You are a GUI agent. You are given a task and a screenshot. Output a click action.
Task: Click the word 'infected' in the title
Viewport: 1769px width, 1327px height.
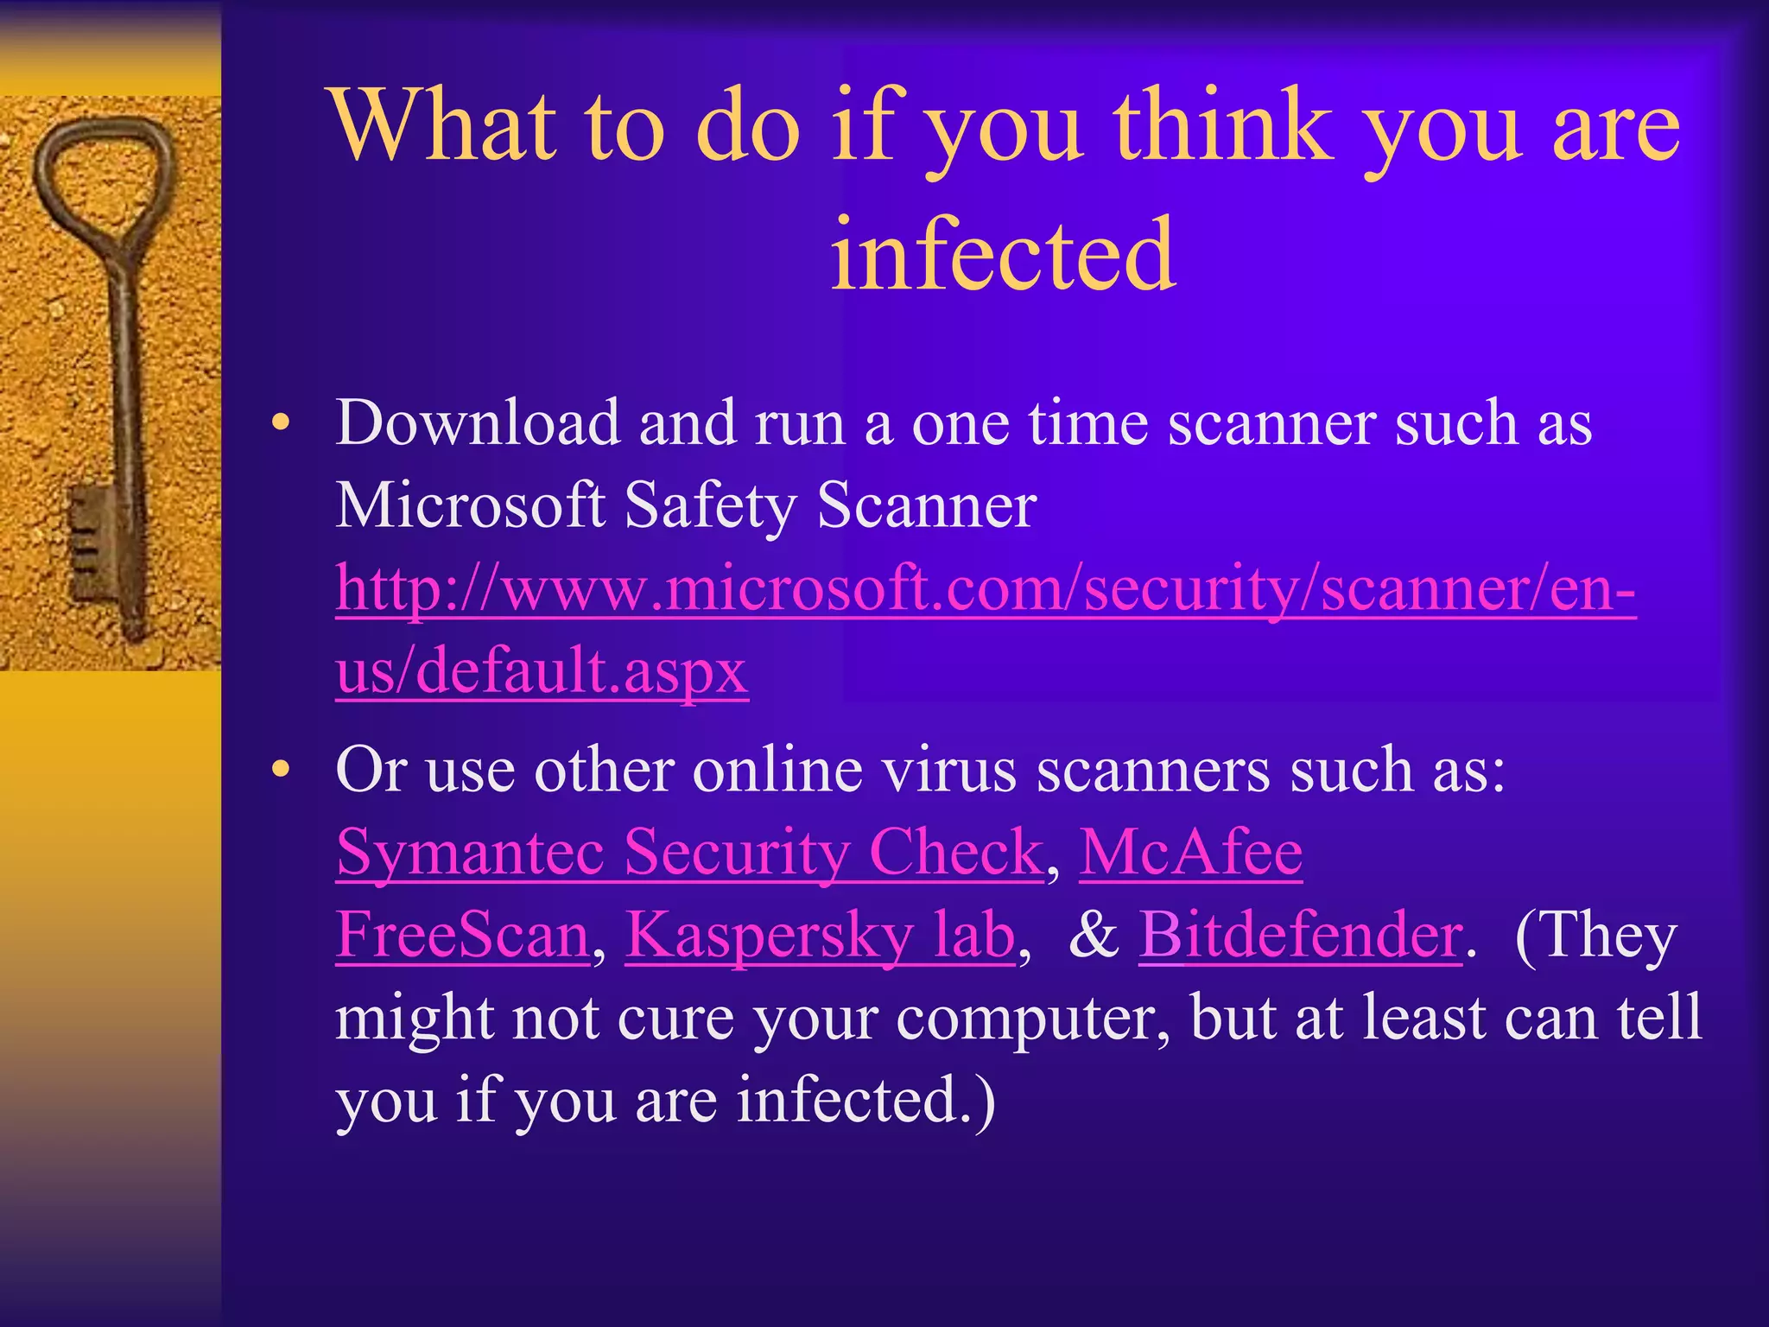[1002, 254]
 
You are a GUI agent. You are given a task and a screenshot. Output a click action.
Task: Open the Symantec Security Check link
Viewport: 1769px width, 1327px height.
[689, 852]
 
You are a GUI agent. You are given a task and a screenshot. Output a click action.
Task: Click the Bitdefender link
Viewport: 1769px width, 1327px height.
[1300, 935]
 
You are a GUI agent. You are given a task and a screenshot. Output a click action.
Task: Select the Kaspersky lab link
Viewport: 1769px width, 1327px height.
[820, 935]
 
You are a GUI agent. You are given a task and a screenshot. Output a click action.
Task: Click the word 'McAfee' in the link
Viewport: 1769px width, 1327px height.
[1190, 852]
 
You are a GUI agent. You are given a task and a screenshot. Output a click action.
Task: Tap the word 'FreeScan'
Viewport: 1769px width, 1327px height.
[463, 935]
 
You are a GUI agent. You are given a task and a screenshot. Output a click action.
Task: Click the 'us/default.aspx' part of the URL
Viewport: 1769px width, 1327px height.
[542, 670]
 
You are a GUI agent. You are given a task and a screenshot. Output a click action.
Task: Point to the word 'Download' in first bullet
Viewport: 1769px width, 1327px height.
[477, 423]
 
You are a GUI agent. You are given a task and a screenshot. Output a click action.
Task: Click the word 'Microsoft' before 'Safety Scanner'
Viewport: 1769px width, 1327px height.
[470, 505]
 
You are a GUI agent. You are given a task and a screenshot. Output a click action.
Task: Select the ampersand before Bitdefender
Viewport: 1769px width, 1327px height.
[1093, 935]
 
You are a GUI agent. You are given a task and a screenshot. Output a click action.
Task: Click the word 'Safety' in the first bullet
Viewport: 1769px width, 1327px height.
[709, 505]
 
